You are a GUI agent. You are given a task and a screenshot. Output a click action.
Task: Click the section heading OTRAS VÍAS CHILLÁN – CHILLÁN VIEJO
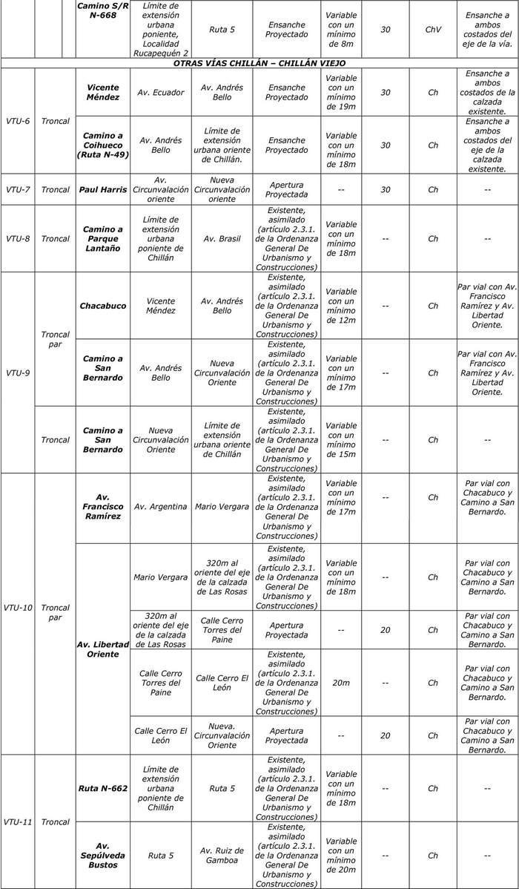[x=259, y=63]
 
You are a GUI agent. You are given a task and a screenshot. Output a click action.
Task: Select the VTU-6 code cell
[x=18, y=121]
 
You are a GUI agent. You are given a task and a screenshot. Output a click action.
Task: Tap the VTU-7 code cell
[x=18, y=189]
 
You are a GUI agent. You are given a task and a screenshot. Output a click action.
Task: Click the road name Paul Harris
[x=103, y=189]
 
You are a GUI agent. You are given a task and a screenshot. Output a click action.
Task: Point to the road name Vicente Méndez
[x=103, y=92]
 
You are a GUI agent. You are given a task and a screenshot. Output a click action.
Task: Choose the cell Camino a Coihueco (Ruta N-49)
[x=103, y=145]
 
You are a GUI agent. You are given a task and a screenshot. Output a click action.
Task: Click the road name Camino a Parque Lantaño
[x=103, y=239]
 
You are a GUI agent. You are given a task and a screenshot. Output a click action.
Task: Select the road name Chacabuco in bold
[x=103, y=306]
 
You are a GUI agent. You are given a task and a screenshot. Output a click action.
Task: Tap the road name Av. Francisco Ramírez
[x=103, y=507]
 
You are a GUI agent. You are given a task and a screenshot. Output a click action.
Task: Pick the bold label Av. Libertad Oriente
[x=103, y=649]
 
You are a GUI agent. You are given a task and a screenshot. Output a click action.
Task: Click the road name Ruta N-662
[x=103, y=788]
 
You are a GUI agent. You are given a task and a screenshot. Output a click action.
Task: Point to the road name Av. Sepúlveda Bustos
[x=103, y=855]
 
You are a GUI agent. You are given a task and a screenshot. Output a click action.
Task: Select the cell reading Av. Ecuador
[x=161, y=93]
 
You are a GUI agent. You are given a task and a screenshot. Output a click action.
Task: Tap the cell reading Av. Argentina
[x=161, y=507]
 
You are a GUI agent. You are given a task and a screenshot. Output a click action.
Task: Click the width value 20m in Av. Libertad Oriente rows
[x=341, y=683]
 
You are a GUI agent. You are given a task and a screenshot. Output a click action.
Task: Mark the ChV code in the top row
[x=433, y=30]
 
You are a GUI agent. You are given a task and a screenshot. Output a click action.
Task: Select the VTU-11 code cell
[x=18, y=821]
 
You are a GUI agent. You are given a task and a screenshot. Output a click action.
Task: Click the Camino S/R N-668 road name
[x=103, y=10]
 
